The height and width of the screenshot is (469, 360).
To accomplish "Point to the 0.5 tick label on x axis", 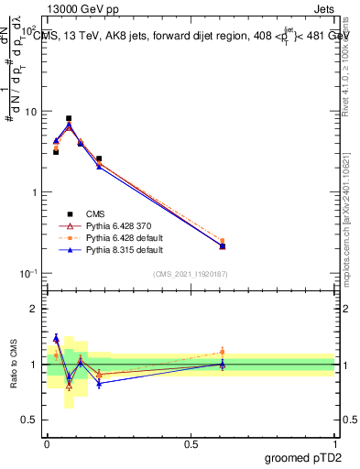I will click(191, 442).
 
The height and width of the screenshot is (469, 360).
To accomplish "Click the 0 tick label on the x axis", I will click(48, 442).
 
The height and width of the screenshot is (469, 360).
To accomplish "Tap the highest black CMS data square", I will click(69, 118).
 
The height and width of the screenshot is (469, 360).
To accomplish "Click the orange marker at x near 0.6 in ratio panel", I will click(222, 352).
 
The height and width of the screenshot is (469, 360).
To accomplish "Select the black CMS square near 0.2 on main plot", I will click(99, 158).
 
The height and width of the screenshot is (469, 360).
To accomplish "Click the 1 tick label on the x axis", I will click(335, 442).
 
